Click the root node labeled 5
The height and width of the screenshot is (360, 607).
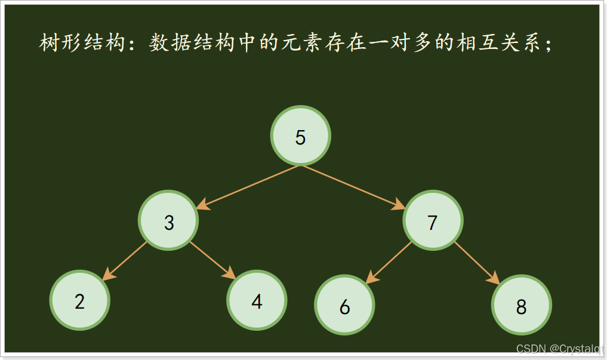(x=300, y=136)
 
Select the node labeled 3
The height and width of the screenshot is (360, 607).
(x=168, y=221)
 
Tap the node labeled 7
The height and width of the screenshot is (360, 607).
(x=433, y=221)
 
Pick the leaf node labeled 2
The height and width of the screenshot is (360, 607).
(x=80, y=300)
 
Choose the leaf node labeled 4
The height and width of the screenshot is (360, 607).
(x=257, y=300)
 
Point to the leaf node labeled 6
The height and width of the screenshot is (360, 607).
(x=344, y=305)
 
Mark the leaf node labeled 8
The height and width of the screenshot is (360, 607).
(x=521, y=305)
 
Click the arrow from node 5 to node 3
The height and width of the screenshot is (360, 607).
(x=248, y=187)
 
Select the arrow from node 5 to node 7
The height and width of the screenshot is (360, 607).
(x=353, y=187)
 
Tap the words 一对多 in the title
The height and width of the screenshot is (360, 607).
(x=406, y=44)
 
